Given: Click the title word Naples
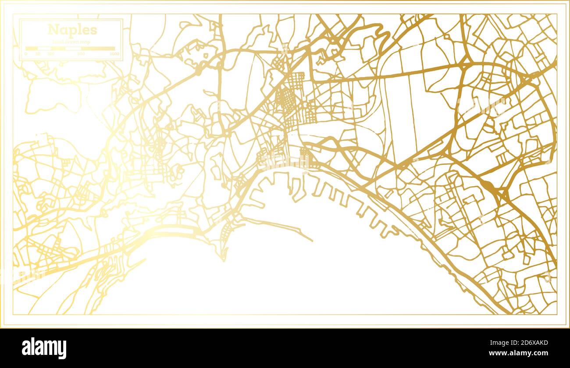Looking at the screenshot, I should coord(72,30).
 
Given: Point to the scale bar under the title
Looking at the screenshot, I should coord(70,48).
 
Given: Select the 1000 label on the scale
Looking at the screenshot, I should coord(114,53).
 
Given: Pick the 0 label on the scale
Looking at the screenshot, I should coord(26,53).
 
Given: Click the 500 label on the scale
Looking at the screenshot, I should coord(81,53).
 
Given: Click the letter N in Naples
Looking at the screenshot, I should coord(52,30).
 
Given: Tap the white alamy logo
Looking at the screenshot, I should coord(44,348).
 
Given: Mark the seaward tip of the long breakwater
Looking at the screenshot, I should coord(312,241).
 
